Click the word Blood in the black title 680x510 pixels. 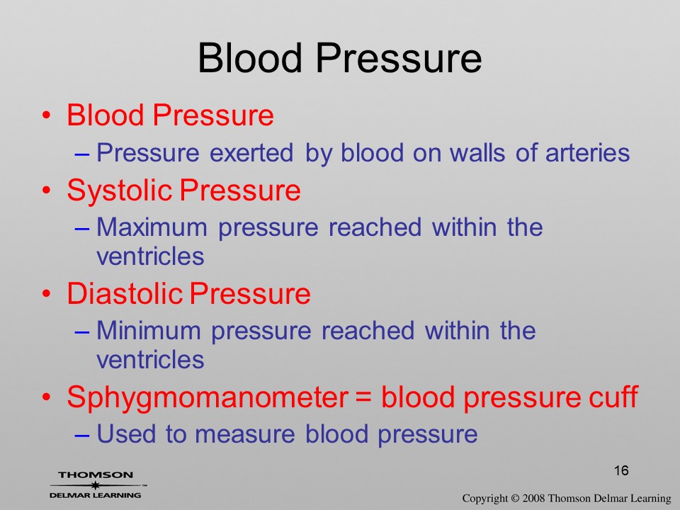pos(249,58)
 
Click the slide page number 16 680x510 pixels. pos(621,470)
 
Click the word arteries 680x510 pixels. pos(587,153)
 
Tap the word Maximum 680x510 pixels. pos(152,227)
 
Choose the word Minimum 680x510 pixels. pos(148,331)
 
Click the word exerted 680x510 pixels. pos(251,153)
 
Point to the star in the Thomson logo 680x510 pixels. pos(94,484)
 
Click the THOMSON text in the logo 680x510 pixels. pos(96,475)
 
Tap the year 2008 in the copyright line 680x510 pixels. pos(533,498)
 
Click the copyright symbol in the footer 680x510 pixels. pos(515,498)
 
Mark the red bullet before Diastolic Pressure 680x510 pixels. pos(47,294)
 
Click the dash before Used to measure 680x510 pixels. pos(82,435)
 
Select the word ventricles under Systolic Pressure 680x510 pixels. pos(150,256)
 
